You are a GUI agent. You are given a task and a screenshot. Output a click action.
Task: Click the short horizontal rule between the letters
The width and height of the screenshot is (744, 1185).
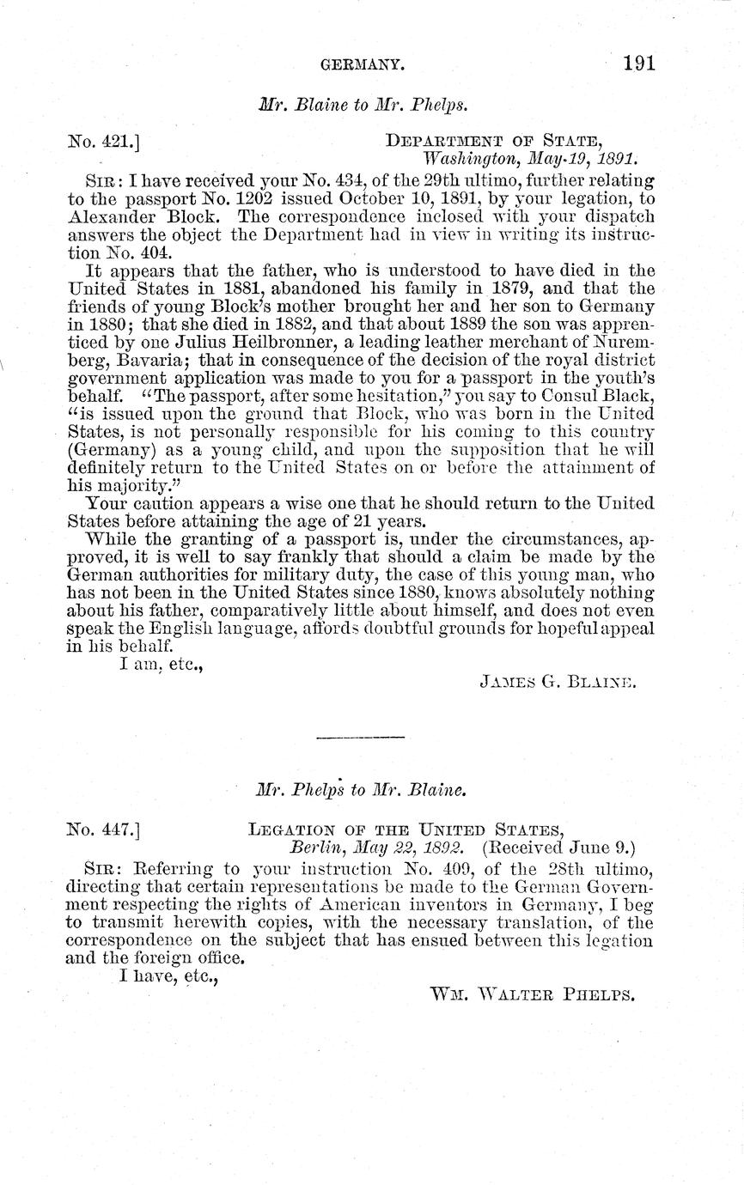tap(361, 737)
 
